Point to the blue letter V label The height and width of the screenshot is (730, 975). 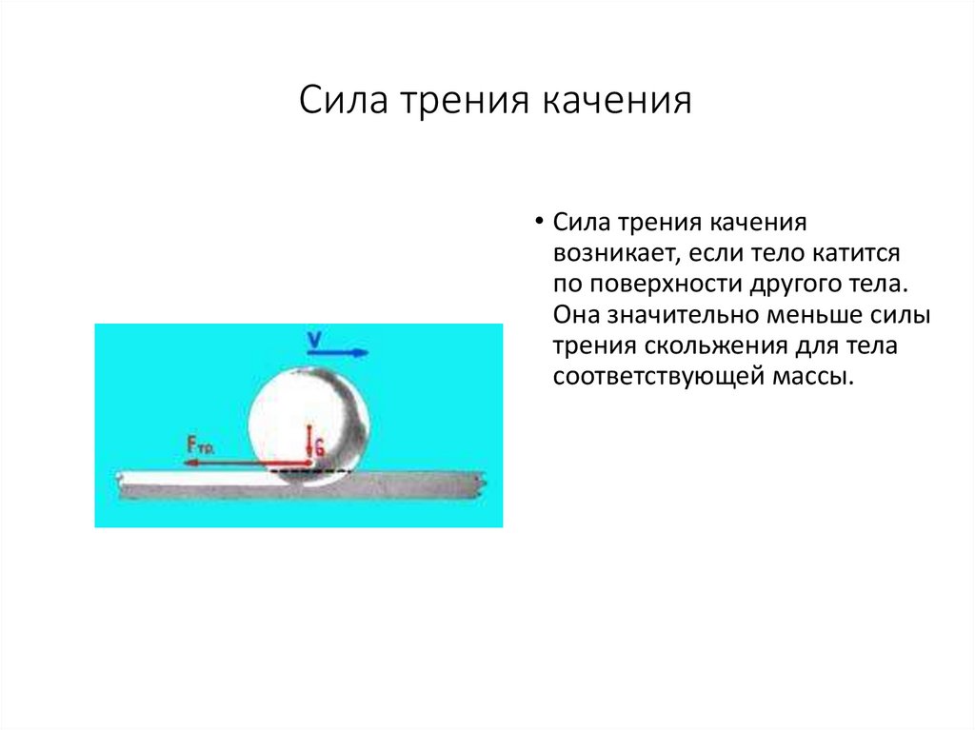(315, 338)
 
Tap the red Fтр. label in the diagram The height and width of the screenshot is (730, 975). (200, 443)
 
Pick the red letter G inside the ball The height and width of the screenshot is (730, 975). (319, 446)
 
